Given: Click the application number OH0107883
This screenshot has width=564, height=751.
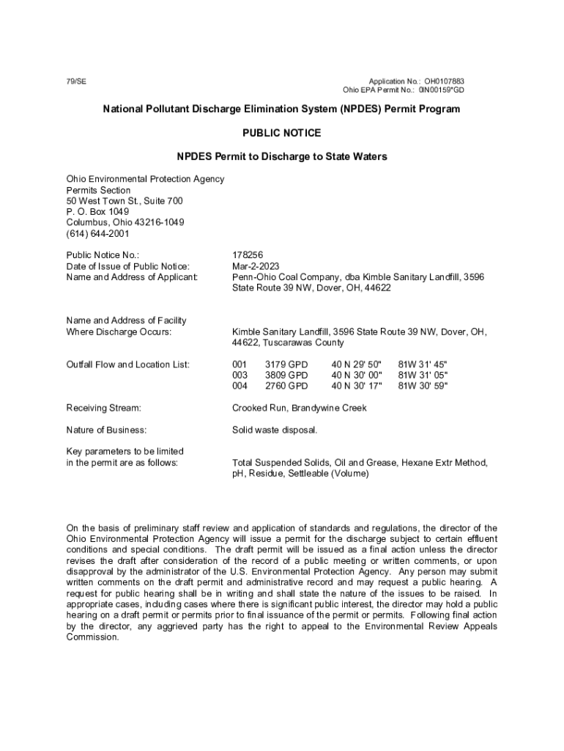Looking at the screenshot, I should (x=444, y=81).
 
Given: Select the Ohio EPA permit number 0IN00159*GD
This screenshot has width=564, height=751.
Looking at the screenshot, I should (x=441, y=90).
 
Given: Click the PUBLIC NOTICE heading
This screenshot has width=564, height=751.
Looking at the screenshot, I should (x=281, y=133).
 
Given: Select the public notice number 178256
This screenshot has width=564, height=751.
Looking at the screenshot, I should (x=248, y=255).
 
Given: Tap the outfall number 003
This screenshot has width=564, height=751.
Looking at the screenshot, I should (x=240, y=375).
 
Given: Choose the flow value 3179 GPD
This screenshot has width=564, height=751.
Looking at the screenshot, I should (x=286, y=364).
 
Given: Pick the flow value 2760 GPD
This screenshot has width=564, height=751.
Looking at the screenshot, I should (x=286, y=386).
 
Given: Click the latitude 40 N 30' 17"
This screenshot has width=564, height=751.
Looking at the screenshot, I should (x=357, y=386).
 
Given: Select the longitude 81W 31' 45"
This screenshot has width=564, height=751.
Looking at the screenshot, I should (x=423, y=364).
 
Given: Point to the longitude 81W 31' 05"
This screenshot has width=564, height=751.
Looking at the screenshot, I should (x=423, y=375).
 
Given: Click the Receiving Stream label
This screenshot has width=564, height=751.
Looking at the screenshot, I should (x=103, y=408).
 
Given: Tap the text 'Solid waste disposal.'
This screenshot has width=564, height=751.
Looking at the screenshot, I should (x=275, y=430).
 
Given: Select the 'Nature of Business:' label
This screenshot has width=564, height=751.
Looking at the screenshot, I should (x=106, y=430).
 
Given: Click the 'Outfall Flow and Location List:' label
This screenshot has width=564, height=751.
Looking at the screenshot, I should (x=128, y=364).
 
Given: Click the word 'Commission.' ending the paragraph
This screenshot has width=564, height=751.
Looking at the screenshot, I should (x=93, y=637).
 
